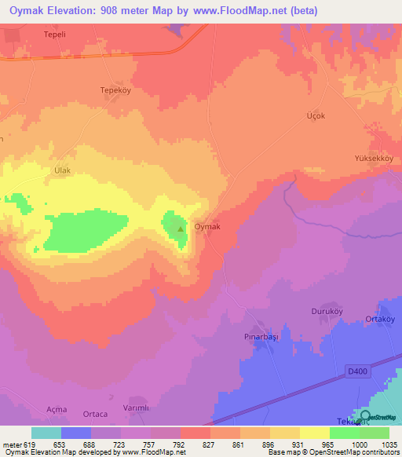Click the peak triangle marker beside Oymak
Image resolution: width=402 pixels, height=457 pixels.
pyautogui.click(x=181, y=229)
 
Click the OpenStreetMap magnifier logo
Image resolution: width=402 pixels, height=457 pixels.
pyautogui.click(x=365, y=417)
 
